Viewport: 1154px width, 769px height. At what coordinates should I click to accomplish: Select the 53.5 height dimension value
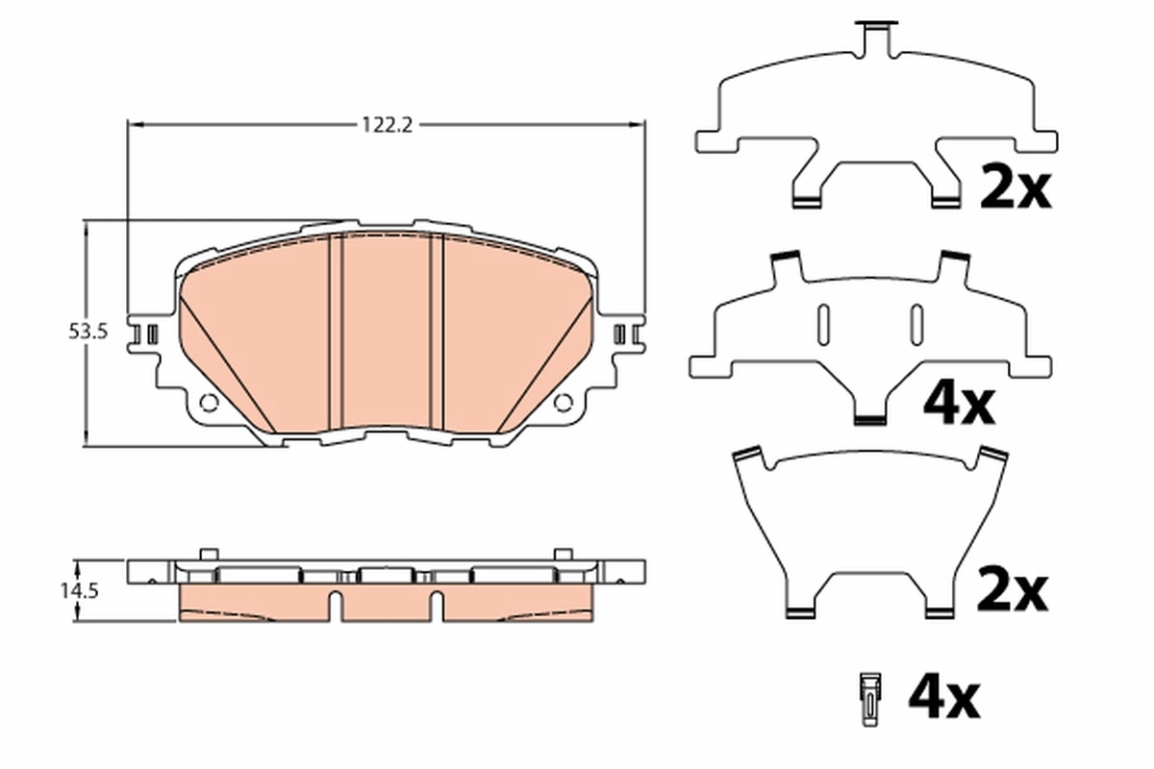88,332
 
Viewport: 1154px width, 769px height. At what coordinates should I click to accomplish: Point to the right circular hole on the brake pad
564,403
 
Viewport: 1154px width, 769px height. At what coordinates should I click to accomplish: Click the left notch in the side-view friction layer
336,606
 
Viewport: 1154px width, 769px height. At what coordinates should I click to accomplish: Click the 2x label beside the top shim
1016,187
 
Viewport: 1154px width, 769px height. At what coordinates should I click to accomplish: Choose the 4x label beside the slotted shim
958,405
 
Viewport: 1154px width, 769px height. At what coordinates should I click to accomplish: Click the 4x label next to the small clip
943,696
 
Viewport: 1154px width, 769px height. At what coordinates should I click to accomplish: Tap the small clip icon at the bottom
870,696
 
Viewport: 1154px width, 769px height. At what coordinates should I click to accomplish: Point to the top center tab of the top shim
875,35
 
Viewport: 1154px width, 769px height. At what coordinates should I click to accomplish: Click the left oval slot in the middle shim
823,323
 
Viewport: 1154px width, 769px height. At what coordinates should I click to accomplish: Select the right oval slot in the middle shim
916,323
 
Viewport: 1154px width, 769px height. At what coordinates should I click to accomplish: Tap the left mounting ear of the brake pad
147,335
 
